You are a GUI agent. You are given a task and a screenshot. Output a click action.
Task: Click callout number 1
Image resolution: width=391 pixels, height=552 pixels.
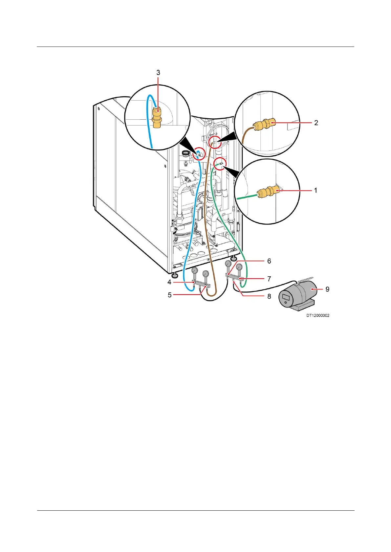click(x=315, y=190)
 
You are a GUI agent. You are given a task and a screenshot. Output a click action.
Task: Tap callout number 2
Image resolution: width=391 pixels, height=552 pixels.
click(x=316, y=123)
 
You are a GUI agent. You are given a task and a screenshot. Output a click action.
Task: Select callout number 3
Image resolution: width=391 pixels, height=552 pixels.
click(x=158, y=72)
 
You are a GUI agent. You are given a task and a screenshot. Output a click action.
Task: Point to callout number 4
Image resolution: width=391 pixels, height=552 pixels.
click(x=169, y=282)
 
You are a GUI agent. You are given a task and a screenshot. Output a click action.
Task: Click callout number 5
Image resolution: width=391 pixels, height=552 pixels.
click(x=170, y=295)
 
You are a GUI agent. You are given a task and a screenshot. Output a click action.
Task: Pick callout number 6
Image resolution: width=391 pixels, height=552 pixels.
click(x=269, y=261)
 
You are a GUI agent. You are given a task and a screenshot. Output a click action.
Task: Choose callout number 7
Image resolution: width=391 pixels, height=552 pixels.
click(x=269, y=279)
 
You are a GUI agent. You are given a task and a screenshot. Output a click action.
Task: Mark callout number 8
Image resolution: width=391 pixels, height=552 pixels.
click(x=269, y=296)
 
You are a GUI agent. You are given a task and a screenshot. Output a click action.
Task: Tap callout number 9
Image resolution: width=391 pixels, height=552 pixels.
click(x=327, y=289)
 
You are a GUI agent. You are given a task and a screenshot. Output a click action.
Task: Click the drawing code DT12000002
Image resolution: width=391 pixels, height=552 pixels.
click(x=318, y=316)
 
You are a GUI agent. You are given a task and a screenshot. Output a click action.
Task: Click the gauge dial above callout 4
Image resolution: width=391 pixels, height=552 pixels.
click(x=194, y=270)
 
